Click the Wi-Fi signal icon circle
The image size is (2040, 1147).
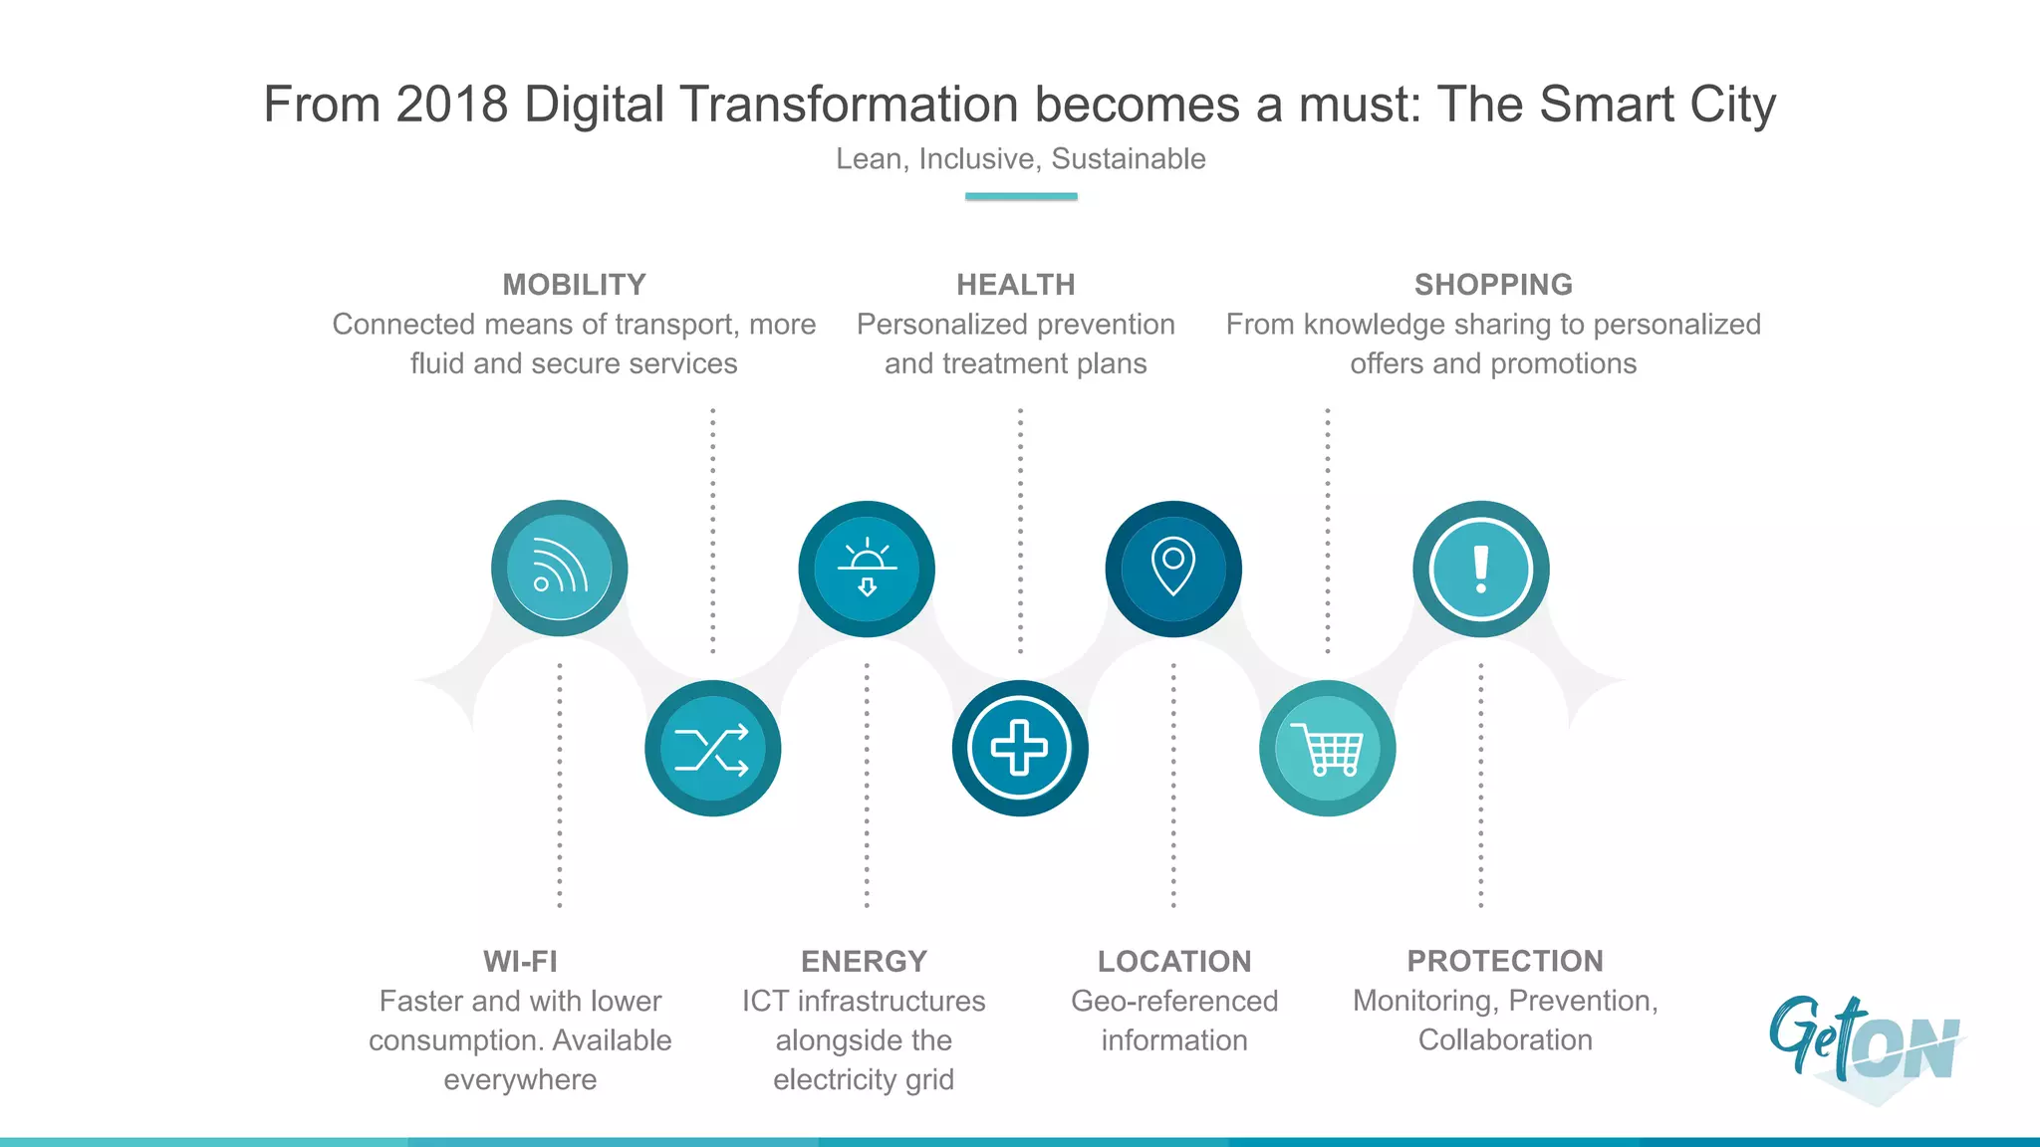pyautogui.click(x=559, y=569)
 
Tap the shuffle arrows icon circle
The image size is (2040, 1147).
pyautogui.click(x=712, y=749)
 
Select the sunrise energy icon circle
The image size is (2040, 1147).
pyautogui.click(x=867, y=569)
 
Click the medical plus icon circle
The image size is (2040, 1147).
pyautogui.click(x=1020, y=749)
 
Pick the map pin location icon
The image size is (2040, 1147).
pyautogui.click(x=1173, y=568)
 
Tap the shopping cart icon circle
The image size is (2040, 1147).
pyautogui.click(x=1327, y=749)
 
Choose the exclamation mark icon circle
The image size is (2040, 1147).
pyautogui.click(x=1480, y=569)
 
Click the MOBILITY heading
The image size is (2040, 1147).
pyautogui.click(x=574, y=285)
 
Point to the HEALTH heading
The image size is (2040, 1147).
pyautogui.click(x=1015, y=285)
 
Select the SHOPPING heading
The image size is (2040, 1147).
pyautogui.click(x=1493, y=285)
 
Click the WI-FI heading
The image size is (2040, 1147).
pyautogui.click(x=520, y=961)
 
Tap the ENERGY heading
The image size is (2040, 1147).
pyautogui.click(x=864, y=961)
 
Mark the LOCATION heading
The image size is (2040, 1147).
pyautogui.click(x=1174, y=961)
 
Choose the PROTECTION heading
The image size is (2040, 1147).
pyautogui.click(x=1505, y=961)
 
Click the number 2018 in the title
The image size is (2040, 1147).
pyautogui.click(x=451, y=105)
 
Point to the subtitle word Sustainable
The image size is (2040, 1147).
pyautogui.click(x=1129, y=159)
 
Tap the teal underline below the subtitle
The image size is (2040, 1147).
pyautogui.click(x=1021, y=196)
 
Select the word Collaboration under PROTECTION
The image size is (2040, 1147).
pyautogui.click(x=1505, y=1040)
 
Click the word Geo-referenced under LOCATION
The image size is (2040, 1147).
pyautogui.click(x=1174, y=1001)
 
